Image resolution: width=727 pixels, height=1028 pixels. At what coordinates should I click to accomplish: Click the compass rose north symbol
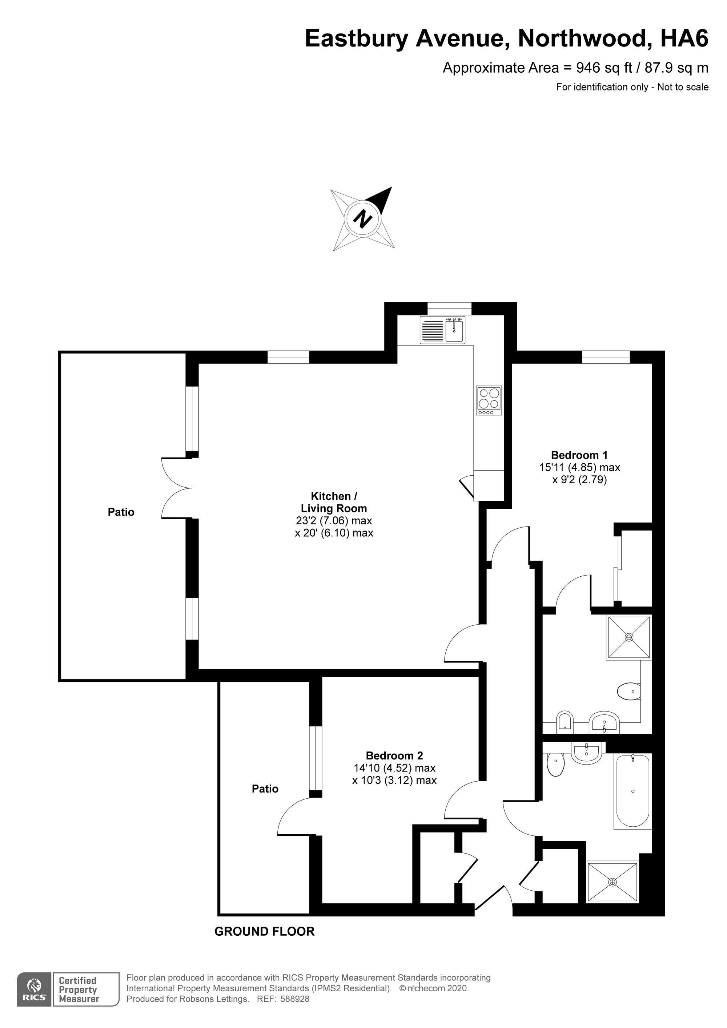click(363, 219)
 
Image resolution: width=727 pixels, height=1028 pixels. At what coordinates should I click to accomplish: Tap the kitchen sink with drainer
click(442, 330)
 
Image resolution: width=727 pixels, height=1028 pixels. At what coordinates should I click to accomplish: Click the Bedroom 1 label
click(579, 455)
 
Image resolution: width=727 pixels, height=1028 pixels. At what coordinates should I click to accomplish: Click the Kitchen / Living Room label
click(334, 502)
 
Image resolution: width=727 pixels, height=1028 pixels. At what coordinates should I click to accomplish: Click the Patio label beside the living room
click(121, 512)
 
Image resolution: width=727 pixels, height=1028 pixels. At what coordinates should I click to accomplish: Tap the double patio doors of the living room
click(176, 488)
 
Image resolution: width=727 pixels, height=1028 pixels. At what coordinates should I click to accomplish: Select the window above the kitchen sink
click(449, 309)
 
